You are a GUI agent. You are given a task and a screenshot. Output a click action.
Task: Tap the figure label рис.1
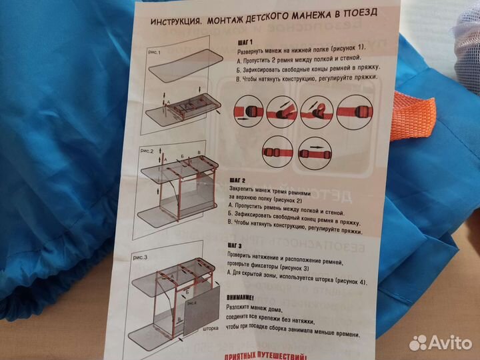[x=155, y=51]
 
